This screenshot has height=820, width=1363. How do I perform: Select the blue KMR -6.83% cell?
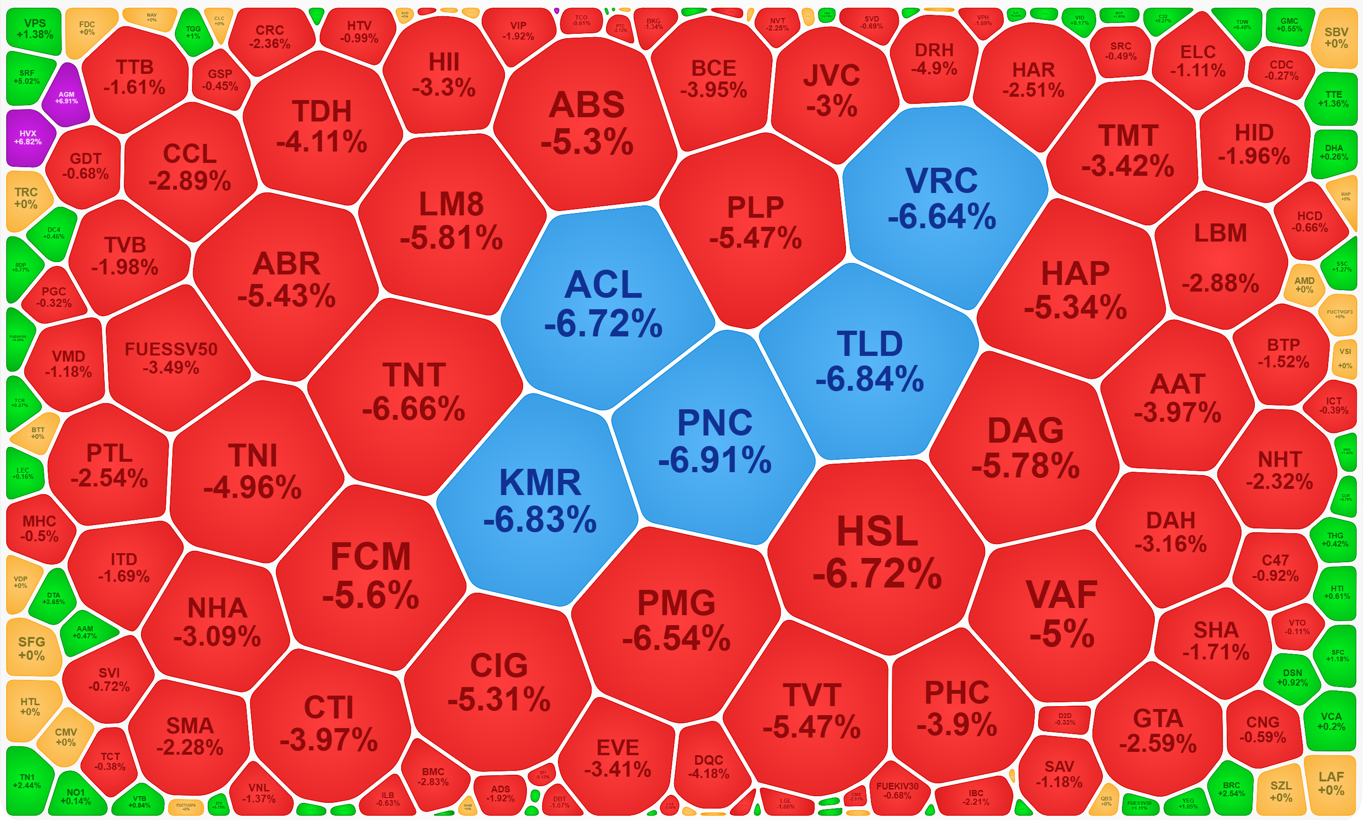click(x=540, y=500)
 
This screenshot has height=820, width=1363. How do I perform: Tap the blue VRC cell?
click(x=942, y=198)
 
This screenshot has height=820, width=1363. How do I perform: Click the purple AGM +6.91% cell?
click(x=66, y=97)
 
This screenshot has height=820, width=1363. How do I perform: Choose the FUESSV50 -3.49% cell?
click(x=172, y=357)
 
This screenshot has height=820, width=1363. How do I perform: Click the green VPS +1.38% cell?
click(x=34, y=29)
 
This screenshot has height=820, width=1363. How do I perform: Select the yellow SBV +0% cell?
click(x=1336, y=38)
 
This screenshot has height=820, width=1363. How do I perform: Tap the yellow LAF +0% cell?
click(x=1331, y=783)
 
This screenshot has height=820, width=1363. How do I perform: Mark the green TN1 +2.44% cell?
click(x=27, y=780)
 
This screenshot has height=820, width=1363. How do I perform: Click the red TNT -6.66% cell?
click(x=414, y=391)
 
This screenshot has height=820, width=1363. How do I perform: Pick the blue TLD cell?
click(x=869, y=360)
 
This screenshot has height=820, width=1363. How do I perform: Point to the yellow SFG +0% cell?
click(x=31, y=648)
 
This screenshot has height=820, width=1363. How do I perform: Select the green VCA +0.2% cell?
click(x=1331, y=721)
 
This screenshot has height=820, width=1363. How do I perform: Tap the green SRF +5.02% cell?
click(x=27, y=77)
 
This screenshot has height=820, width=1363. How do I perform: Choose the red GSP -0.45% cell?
click(x=220, y=80)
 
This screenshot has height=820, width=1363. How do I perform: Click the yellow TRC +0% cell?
click(x=26, y=198)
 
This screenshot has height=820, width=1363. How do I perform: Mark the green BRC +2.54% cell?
click(x=1232, y=789)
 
